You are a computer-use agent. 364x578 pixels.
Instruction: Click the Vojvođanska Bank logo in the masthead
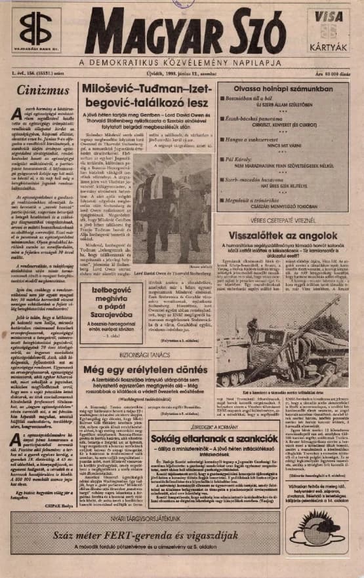click(35, 30)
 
